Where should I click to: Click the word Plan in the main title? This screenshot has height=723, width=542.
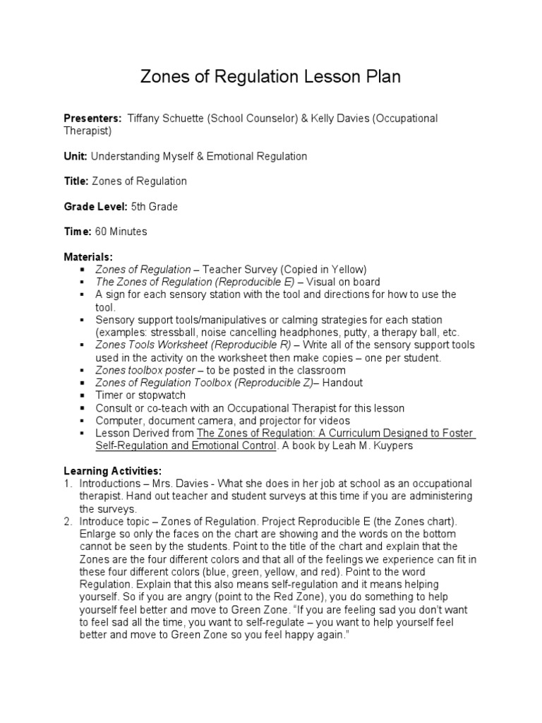378,77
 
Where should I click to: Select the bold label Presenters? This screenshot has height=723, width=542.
92,119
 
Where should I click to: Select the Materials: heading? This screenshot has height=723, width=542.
88,257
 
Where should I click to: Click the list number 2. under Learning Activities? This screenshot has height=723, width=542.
68,522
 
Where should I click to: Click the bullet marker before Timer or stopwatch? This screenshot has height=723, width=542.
83,396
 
